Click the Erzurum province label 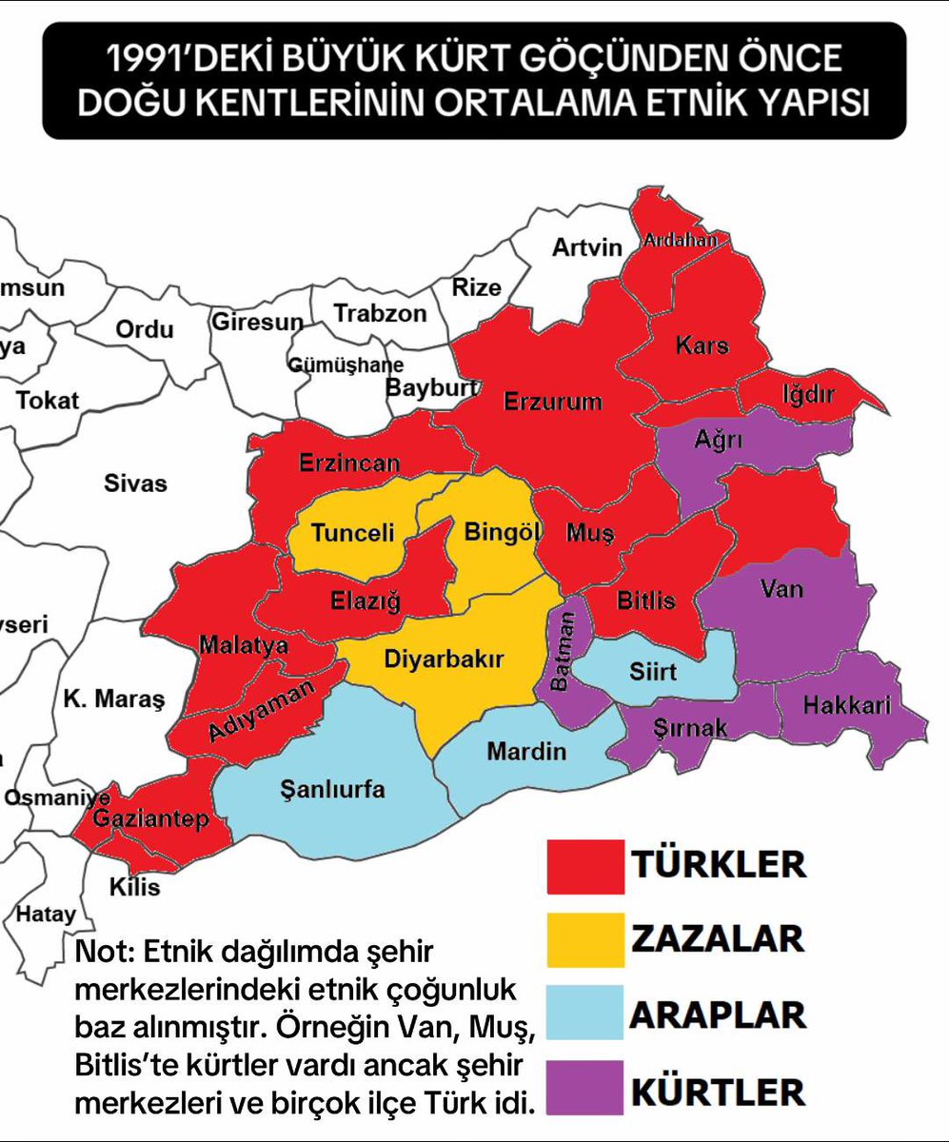click(552, 401)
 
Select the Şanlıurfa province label click(333, 789)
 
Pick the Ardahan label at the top click(680, 240)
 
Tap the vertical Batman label click(566, 652)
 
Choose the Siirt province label click(653, 672)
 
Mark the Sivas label click(135, 483)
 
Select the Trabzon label click(381, 313)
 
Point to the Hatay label click(46, 915)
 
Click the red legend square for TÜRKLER click(585, 864)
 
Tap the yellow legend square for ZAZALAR click(585, 938)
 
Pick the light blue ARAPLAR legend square click(585, 1013)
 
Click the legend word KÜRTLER click(717, 1089)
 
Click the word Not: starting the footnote click(102, 952)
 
